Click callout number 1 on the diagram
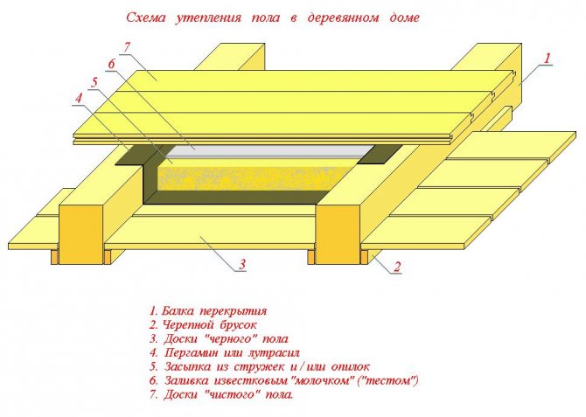[548, 59]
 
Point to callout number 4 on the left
[78, 98]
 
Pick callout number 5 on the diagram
[94, 81]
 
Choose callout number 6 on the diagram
[111, 64]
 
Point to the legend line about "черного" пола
[219, 338]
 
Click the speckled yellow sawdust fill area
[245, 180]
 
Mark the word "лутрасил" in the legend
[274, 352]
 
